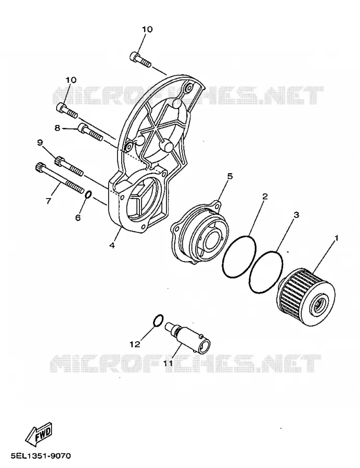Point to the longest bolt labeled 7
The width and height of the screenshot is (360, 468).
click(x=59, y=178)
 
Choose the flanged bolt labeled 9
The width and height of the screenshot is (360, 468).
click(x=68, y=167)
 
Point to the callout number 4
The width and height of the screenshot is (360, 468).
click(x=112, y=245)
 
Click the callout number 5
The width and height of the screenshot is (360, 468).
click(x=229, y=176)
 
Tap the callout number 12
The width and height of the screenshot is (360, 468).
click(x=135, y=344)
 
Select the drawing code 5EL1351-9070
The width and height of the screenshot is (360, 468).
click(x=41, y=456)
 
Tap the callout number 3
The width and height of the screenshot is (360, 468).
click(x=296, y=214)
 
